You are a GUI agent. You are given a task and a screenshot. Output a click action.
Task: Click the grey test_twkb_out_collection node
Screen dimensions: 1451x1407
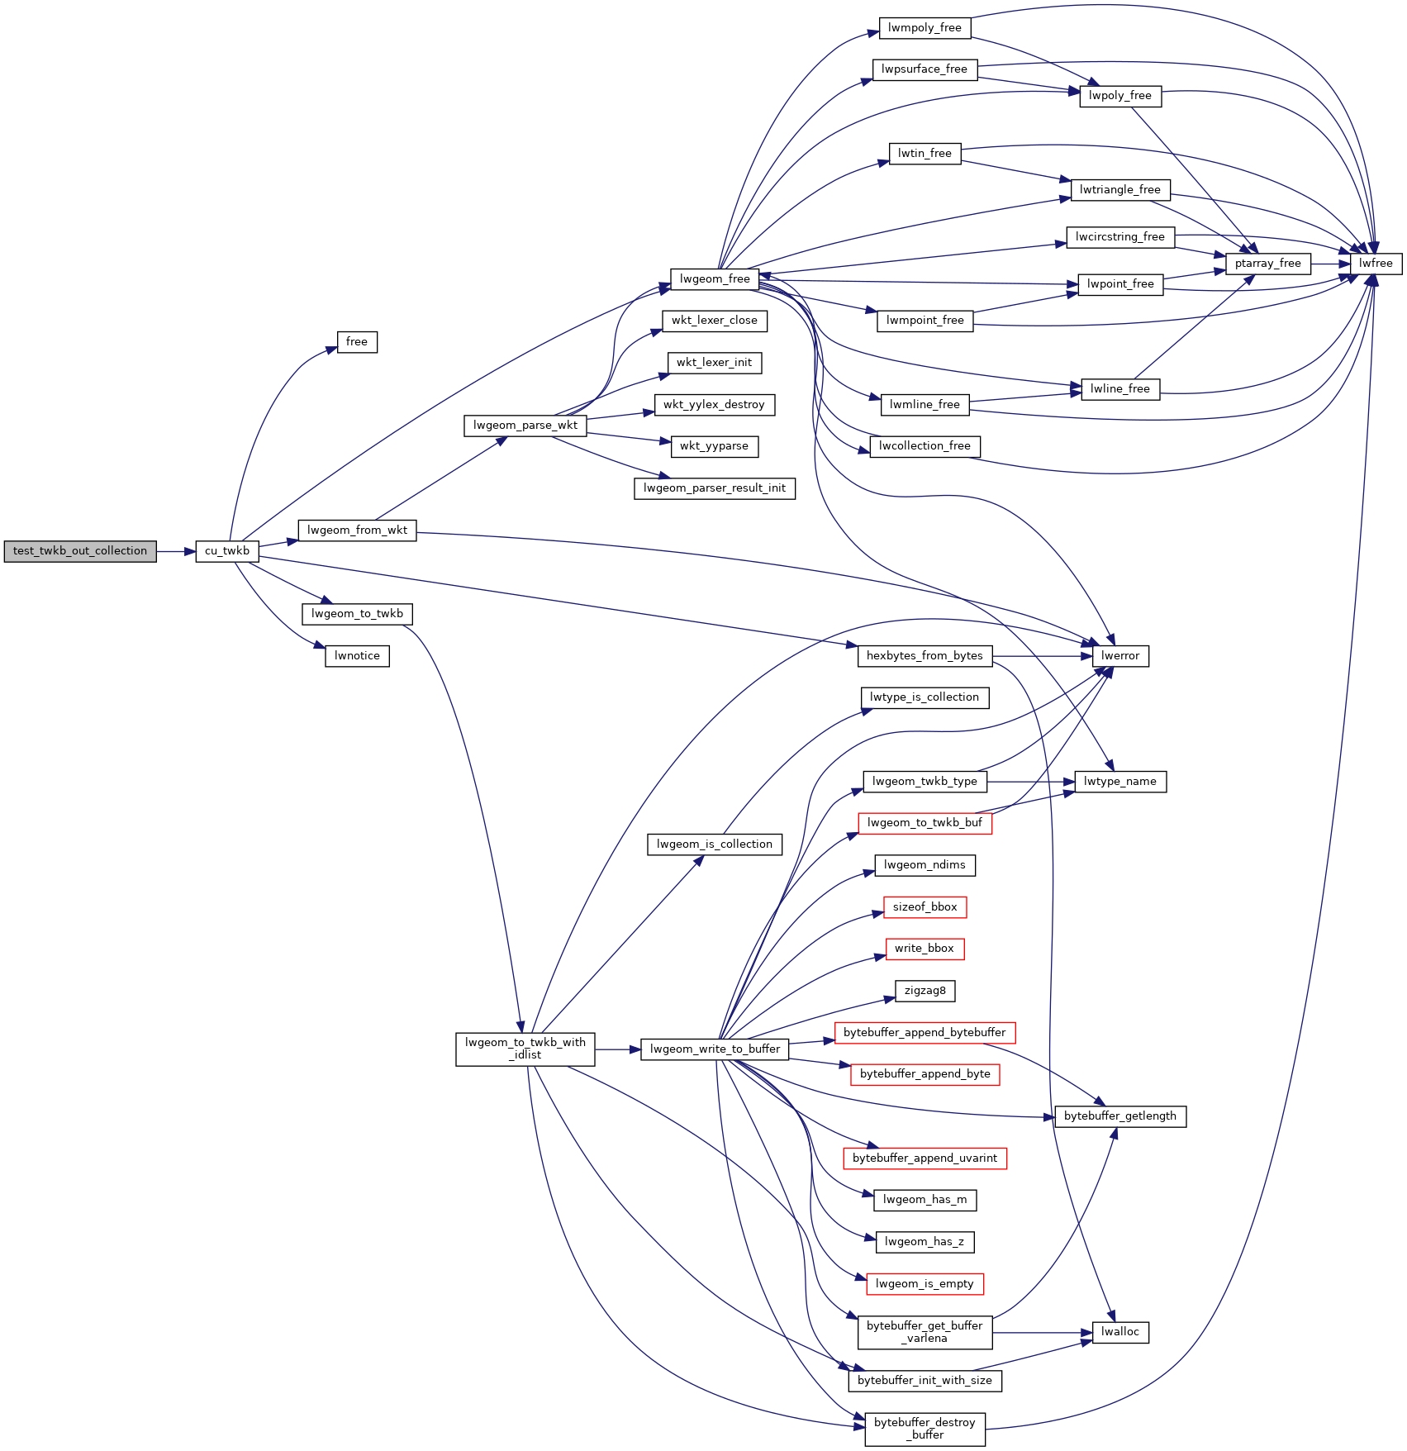pyautogui.click(x=80, y=551)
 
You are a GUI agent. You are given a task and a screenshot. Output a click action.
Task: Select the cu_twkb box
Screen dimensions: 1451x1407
pyautogui.click(x=227, y=551)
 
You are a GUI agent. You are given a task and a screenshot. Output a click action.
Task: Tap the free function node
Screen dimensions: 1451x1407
pyautogui.click(x=357, y=342)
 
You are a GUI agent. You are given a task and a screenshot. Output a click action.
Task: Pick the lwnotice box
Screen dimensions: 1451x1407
pyautogui.click(x=357, y=656)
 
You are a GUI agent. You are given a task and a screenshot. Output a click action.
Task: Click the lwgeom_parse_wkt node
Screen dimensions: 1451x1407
pyautogui.click(x=525, y=426)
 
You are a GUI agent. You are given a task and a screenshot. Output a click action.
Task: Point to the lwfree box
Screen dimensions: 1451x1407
pyautogui.click(x=1376, y=264)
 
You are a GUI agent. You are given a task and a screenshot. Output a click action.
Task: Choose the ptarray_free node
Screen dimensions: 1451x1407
pyautogui.click(x=1267, y=264)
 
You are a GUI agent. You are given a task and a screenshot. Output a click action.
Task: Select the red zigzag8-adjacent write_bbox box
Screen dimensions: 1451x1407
pyautogui.click(x=924, y=949)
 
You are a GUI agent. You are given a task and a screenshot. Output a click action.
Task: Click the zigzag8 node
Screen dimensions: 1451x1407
pyautogui.click(x=925, y=991)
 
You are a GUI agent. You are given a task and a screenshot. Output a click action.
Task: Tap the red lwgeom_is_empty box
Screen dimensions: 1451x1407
pyautogui.click(x=925, y=1283)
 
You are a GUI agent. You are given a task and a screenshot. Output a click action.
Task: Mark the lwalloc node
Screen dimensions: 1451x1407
pyautogui.click(x=1119, y=1332)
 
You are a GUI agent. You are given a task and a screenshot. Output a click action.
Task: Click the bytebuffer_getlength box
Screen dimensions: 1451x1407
pyautogui.click(x=1119, y=1116)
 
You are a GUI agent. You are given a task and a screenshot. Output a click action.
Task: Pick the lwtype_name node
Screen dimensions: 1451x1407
pyautogui.click(x=1119, y=782)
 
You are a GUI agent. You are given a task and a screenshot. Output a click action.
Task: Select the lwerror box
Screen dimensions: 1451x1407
pyautogui.click(x=1119, y=656)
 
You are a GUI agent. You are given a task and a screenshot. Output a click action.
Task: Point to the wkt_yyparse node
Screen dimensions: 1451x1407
pyautogui.click(x=714, y=446)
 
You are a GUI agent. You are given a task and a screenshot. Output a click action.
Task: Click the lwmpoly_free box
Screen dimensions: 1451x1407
pyautogui.click(x=925, y=28)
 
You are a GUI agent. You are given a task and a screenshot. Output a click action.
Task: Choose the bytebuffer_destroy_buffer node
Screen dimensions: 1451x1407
pyautogui.click(x=925, y=1429)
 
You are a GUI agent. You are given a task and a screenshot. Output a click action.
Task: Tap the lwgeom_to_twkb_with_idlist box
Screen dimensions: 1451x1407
pyautogui.click(x=525, y=1049)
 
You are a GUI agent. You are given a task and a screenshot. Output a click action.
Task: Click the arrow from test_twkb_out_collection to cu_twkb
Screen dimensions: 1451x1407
pyautogui.click(x=175, y=551)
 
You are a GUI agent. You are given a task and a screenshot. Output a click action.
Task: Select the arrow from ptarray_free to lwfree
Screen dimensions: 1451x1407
pyautogui.click(x=1330, y=264)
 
